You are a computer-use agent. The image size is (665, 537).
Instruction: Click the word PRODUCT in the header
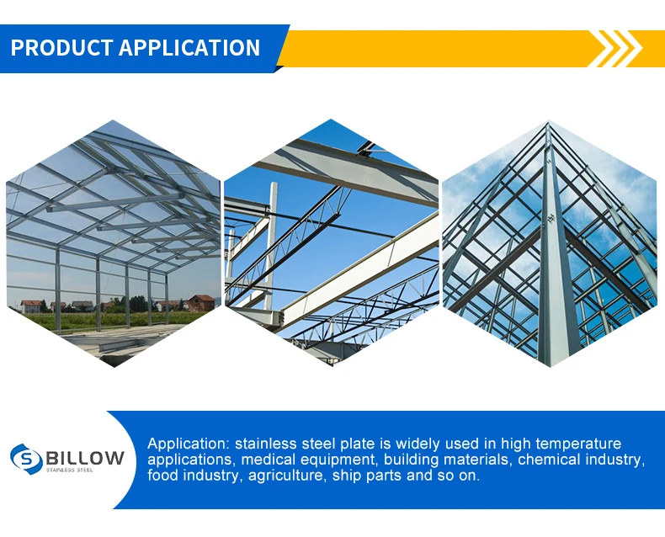61,47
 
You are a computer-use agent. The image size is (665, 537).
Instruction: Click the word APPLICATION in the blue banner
189,47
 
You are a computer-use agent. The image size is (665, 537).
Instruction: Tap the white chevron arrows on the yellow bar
620,49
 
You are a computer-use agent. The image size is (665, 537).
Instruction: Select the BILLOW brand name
85,458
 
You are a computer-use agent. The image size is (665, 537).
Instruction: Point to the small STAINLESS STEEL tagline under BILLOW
70,470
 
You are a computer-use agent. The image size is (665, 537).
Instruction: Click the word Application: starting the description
189,444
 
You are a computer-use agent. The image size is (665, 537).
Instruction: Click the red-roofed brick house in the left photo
201,303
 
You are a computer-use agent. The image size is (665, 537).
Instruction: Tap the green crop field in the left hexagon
114,320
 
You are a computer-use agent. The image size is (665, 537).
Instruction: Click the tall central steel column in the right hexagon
556,254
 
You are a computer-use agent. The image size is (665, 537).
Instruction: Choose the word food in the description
162,476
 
